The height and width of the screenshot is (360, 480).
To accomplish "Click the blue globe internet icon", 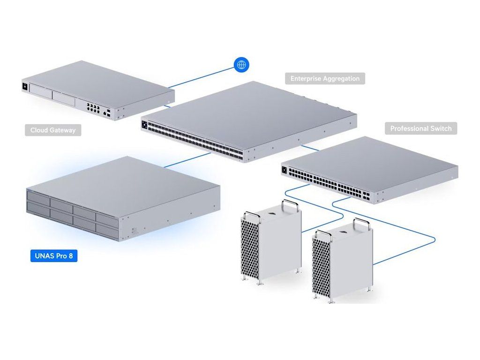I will click(x=241, y=65).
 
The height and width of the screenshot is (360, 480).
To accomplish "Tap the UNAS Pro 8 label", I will click(x=53, y=256).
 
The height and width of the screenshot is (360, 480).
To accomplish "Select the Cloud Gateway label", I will click(x=52, y=130).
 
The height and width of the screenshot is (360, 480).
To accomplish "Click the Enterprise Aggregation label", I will click(x=325, y=78).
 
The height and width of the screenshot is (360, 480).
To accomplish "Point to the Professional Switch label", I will click(x=421, y=128).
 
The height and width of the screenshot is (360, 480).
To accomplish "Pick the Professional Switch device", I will click(x=370, y=169).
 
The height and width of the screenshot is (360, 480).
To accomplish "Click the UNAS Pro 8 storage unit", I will click(x=122, y=199).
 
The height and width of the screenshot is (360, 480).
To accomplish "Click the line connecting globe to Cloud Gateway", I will click(x=202, y=76).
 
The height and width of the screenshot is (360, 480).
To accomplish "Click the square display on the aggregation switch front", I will click(x=144, y=125).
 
